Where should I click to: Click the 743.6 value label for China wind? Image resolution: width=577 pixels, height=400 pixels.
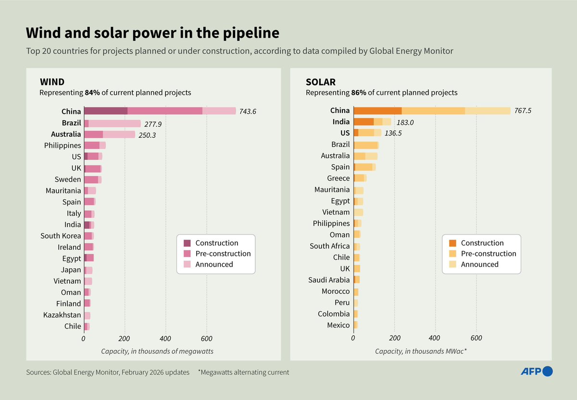click(x=248, y=111)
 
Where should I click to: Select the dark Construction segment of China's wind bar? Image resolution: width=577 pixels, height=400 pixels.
click(x=106, y=111)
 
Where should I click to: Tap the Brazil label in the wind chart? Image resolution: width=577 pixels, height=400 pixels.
click(x=71, y=122)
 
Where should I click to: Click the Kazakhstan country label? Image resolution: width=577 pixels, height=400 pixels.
click(x=62, y=315)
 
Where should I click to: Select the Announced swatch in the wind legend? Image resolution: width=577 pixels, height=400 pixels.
click(x=187, y=264)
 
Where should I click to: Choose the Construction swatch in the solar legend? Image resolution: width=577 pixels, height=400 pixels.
click(x=452, y=243)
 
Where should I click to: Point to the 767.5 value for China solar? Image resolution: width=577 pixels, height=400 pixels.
click(x=523, y=111)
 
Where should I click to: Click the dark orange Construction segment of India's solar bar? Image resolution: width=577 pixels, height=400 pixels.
click(x=364, y=122)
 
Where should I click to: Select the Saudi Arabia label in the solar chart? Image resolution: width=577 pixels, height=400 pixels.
click(x=329, y=280)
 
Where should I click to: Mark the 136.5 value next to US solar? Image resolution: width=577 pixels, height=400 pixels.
click(x=393, y=133)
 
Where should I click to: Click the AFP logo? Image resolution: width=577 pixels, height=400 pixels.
click(x=537, y=371)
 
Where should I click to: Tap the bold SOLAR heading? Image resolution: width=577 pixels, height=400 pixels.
click(x=321, y=82)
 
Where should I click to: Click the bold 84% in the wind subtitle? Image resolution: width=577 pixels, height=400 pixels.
click(x=92, y=93)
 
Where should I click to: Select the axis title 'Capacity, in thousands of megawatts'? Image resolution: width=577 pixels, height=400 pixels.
click(x=157, y=352)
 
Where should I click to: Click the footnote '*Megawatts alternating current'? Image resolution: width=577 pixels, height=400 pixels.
click(x=243, y=372)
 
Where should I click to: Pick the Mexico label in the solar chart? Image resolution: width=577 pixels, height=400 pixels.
click(x=338, y=325)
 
